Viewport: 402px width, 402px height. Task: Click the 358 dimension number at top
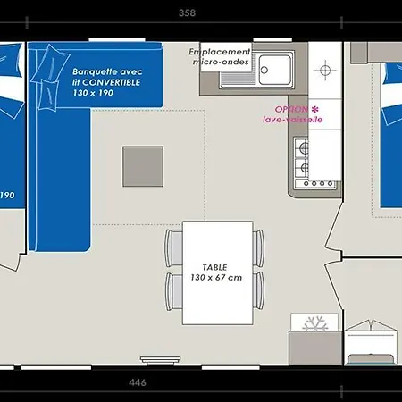point(187,13)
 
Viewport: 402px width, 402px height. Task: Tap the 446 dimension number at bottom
point(138,382)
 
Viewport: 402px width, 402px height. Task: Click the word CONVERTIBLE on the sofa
point(111,82)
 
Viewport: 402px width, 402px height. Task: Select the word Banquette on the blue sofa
point(91,71)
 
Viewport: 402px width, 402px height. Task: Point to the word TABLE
point(214,267)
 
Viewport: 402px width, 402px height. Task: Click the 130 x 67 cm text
point(216,278)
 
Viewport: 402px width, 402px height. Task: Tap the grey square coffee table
point(143,166)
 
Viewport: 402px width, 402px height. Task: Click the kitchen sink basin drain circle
point(264,70)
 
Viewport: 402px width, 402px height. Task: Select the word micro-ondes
point(221,62)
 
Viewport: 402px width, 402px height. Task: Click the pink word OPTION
point(291,109)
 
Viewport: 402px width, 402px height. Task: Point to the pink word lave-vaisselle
point(293,120)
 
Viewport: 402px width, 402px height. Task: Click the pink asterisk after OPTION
point(314,109)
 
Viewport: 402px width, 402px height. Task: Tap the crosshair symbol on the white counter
point(325,71)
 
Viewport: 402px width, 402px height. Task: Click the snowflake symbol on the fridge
point(315,323)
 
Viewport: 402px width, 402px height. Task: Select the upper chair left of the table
point(173,248)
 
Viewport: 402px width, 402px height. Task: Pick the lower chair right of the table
point(258,291)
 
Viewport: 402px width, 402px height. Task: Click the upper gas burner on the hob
point(304,147)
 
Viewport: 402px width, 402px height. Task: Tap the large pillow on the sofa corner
point(51,64)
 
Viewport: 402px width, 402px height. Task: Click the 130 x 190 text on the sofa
point(93,93)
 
